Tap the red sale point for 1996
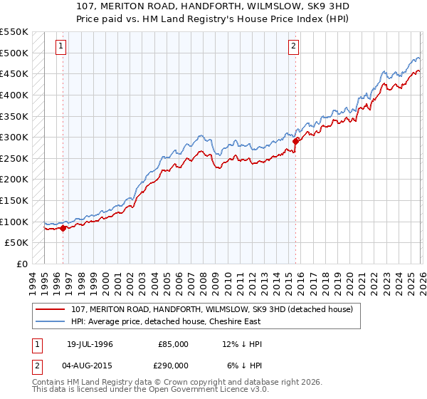(x=63, y=228)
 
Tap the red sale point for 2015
(x=295, y=141)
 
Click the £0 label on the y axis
(x=23, y=264)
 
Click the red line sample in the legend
(x=51, y=309)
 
